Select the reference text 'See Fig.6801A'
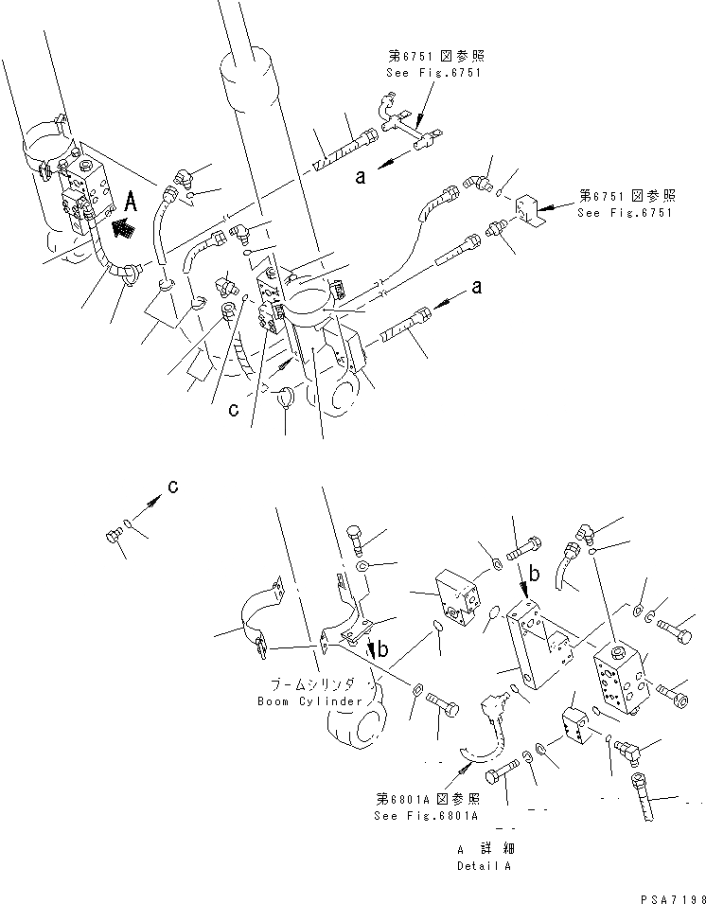click(x=426, y=815)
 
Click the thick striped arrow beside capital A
click(x=122, y=227)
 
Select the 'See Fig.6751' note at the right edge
click(x=627, y=212)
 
